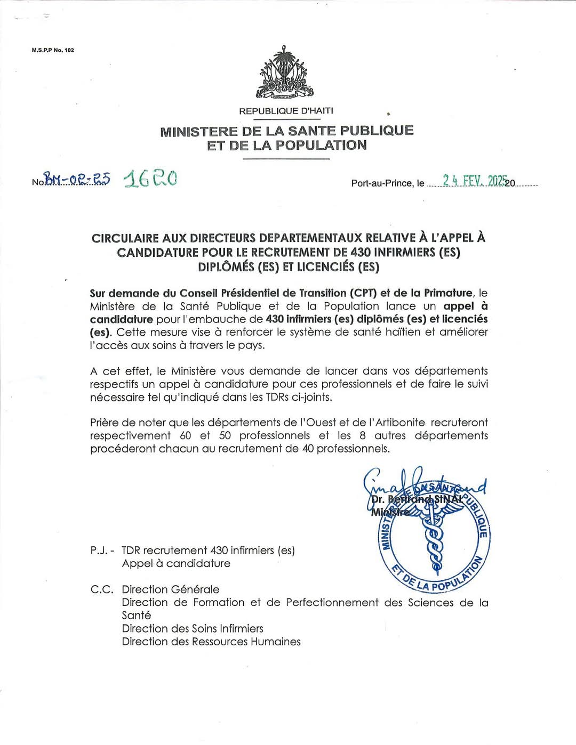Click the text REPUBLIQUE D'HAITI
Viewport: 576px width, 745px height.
click(x=286, y=111)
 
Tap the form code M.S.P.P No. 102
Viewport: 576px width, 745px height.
click(x=53, y=50)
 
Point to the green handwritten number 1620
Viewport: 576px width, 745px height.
click(x=150, y=179)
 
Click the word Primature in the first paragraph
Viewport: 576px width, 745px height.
click(x=448, y=293)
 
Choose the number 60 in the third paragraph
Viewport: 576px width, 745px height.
click(x=186, y=436)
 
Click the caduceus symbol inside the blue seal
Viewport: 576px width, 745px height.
click(x=435, y=536)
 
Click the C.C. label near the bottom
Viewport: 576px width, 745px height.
click(x=101, y=589)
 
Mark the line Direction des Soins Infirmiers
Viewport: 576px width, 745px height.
click(x=193, y=629)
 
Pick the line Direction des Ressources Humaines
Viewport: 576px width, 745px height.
click(x=211, y=642)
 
